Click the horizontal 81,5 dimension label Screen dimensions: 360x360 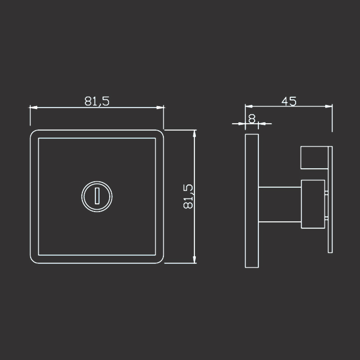click(x=97, y=101)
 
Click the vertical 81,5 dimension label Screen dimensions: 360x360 click(x=188, y=197)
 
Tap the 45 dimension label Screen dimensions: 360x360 click(x=289, y=101)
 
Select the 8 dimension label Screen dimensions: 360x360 click(x=252, y=119)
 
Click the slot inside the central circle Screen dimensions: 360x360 click(x=97, y=196)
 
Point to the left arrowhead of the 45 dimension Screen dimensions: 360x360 click(x=249, y=106)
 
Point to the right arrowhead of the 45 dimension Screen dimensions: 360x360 click(x=329, y=106)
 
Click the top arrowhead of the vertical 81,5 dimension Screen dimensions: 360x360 click(x=194, y=134)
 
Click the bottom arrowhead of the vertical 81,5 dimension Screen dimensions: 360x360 click(x=194, y=260)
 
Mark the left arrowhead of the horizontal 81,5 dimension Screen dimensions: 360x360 click(x=33, y=108)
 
